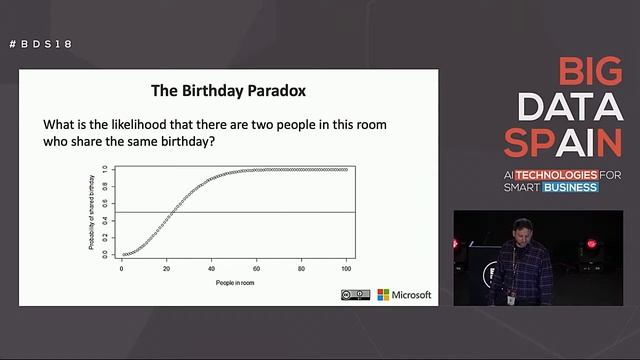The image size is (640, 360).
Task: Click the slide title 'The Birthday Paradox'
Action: pos(228,90)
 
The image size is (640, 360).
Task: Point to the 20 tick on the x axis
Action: pos(167,269)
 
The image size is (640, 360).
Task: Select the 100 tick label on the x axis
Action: pos(347,269)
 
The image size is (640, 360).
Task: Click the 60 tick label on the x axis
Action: pos(257,269)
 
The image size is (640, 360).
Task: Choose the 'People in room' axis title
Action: pos(234,283)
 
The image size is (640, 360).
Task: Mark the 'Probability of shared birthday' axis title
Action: pos(91,212)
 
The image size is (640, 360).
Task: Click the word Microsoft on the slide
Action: pos(412,295)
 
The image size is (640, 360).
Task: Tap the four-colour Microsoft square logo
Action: pos(383,295)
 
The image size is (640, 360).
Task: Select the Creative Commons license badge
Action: pos(355,295)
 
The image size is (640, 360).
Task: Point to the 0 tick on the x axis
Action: pos(122,269)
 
